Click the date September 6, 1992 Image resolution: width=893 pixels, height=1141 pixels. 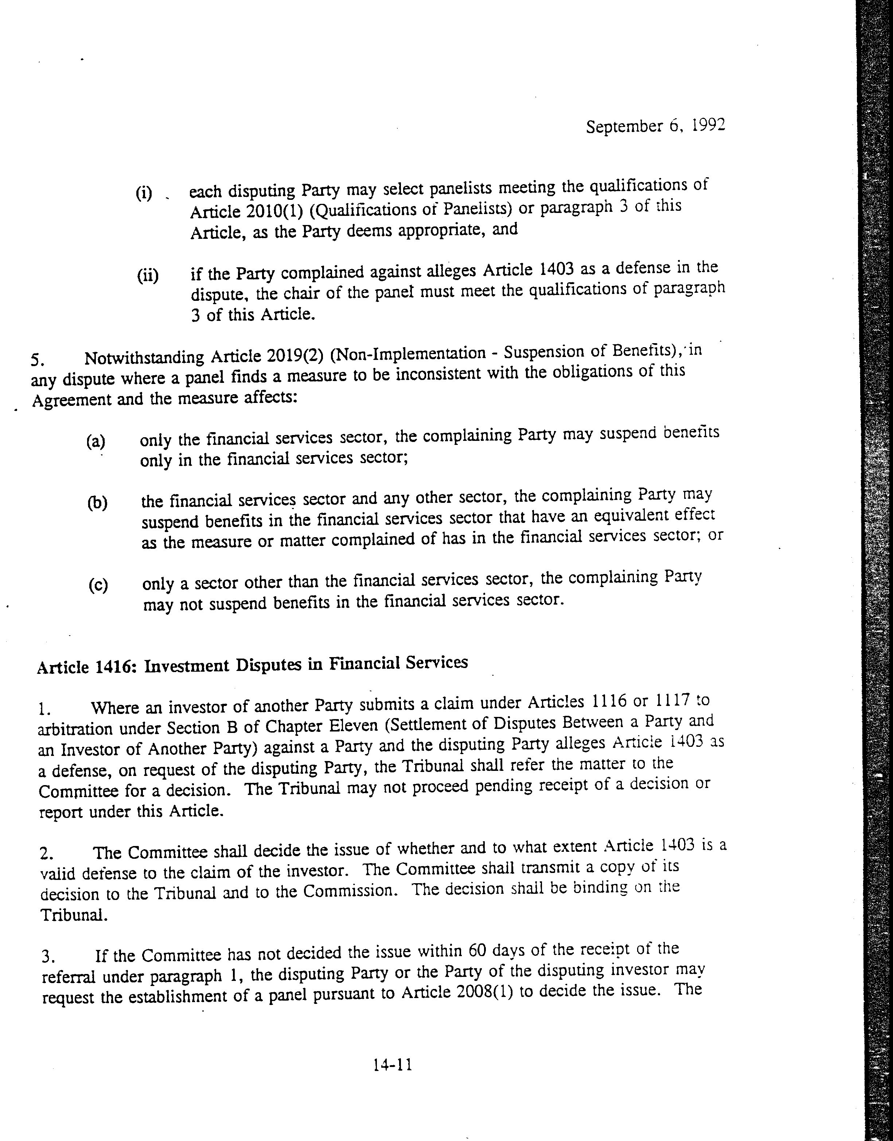tap(655, 127)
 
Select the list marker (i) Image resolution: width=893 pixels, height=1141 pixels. tap(144, 193)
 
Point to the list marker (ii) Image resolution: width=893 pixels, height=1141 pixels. tap(148, 275)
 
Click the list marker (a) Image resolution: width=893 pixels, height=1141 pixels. tap(95, 441)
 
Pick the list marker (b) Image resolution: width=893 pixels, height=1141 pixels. tap(97, 503)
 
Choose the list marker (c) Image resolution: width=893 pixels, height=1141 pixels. tap(98, 585)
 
